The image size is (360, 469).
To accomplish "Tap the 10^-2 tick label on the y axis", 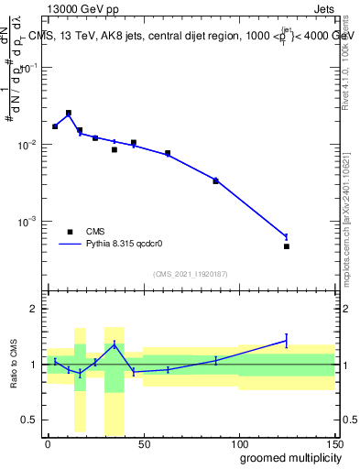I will point(26,146).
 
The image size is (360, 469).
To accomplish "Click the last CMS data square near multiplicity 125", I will point(287,246).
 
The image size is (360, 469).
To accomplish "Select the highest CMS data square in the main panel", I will point(69,113).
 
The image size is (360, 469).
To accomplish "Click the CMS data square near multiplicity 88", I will point(216,181).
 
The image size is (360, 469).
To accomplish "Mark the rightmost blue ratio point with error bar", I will point(287,341).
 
